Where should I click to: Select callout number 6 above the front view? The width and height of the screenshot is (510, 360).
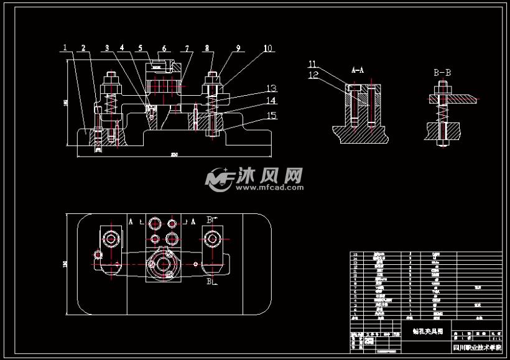(x=164, y=48)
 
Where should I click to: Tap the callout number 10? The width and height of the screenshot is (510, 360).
(x=267, y=48)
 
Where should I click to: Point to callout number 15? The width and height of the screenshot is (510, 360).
(x=271, y=114)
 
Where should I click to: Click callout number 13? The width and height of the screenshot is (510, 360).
(x=271, y=88)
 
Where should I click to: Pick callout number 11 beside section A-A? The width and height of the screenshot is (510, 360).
(x=313, y=63)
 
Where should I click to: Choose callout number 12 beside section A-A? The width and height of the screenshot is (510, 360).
(x=313, y=75)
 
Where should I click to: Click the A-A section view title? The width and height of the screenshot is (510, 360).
(x=358, y=70)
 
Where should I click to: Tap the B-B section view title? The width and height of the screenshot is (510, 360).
(x=442, y=73)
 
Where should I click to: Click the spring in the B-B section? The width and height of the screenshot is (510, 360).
(x=442, y=112)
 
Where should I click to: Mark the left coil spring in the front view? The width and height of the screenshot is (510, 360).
(x=111, y=103)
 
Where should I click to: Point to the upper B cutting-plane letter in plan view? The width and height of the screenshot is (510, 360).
(x=209, y=219)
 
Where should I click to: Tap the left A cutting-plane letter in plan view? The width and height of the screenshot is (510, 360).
(x=131, y=221)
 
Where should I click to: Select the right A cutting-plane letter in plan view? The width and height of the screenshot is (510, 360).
(x=193, y=221)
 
